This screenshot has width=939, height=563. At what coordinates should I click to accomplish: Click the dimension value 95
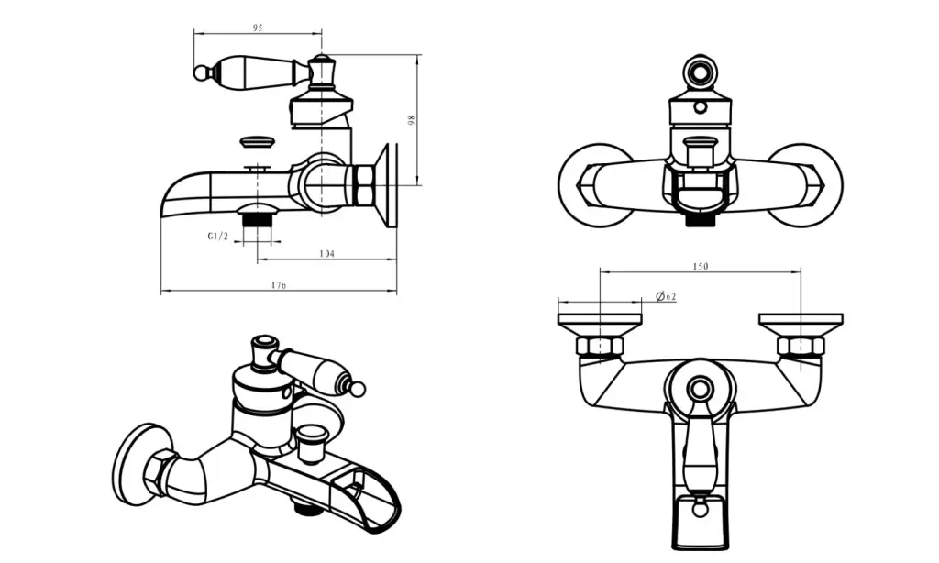258,28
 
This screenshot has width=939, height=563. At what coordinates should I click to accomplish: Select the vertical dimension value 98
413,119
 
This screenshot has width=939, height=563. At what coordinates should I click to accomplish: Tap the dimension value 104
326,253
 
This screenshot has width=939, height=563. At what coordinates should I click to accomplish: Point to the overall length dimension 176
279,286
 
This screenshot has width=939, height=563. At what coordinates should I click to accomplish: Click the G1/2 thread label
217,237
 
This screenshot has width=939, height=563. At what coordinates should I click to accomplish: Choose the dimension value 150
701,266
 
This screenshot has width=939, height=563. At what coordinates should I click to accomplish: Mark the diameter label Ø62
667,296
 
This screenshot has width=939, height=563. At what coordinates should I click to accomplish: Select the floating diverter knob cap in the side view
257,142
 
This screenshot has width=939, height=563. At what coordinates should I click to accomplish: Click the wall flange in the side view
390,183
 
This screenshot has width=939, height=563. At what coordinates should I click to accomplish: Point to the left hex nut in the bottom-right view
600,346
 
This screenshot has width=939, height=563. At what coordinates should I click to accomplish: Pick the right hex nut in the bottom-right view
801,346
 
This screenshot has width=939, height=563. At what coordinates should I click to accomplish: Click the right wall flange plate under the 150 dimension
801,321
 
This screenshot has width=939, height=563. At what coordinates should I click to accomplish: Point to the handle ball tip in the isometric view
358,390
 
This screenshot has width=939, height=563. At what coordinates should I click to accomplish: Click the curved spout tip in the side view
170,197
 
